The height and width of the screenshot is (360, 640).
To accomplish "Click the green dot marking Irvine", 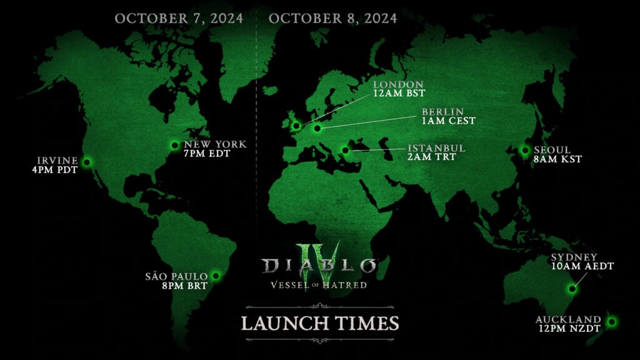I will pos(87,162).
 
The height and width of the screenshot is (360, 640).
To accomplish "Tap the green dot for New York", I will pos(175,146).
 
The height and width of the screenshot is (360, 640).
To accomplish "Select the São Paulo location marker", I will pos(216,275).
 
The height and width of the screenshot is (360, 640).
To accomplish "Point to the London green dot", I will pos(296,126).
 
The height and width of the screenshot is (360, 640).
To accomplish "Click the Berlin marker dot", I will pos(317,129).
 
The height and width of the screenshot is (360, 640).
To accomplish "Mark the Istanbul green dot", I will pos(344,150).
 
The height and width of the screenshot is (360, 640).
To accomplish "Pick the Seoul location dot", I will pos(525,150).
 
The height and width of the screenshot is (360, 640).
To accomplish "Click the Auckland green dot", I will pos(612,322).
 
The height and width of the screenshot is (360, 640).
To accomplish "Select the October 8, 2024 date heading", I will pos(332,18).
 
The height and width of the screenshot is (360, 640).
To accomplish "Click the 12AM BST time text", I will pos(399,94).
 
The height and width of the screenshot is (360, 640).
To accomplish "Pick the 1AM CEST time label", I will pos(449,121).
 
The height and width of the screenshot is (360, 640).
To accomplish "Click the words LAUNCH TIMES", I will pos(319,323).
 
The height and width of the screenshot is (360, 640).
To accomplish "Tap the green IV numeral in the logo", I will pos(320,256).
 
